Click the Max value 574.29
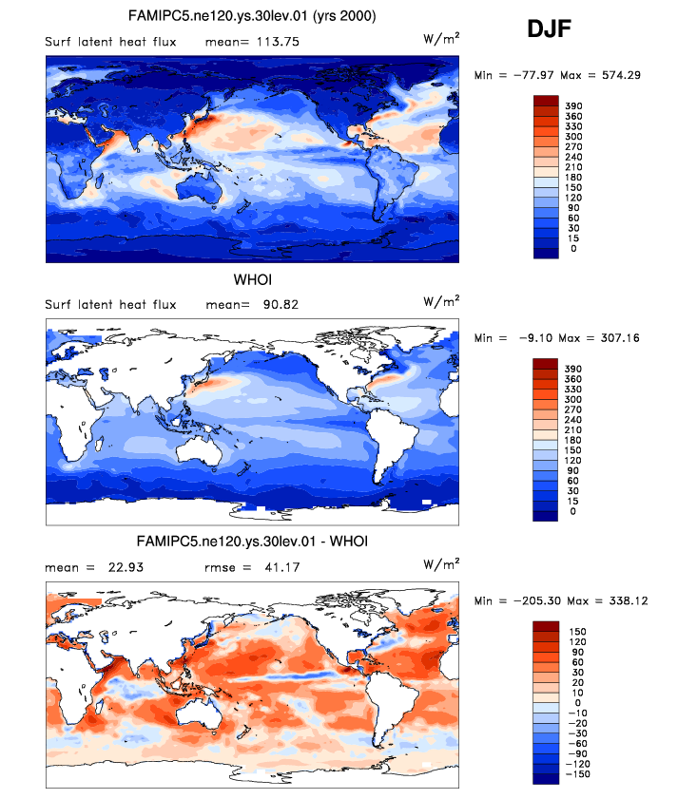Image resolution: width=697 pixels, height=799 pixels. [619, 74]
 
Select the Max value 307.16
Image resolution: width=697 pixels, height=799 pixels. [619, 337]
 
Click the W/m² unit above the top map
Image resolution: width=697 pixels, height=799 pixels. [441, 38]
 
